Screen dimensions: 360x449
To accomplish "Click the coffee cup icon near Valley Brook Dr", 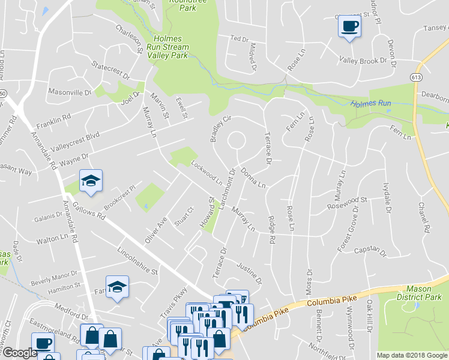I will [349, 26].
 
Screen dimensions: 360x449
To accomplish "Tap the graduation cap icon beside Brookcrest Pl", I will [91, 180].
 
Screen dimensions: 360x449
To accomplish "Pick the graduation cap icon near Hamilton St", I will [118, 287].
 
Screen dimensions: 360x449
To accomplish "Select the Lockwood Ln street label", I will [206, 173].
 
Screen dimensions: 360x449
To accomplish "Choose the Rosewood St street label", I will [346, 202].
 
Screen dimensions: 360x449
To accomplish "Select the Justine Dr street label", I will [250, 272].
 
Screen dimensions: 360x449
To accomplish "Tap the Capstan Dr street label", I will [369, 249].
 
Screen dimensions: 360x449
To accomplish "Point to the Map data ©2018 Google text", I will [411, 355].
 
